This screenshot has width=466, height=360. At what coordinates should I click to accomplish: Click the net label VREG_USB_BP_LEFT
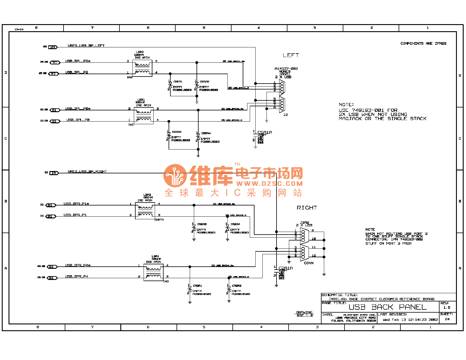[x=86, y=46]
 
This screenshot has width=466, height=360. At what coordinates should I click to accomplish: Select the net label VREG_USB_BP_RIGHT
[x=87, y=172]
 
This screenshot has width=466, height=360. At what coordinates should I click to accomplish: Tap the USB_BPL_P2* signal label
[x=78, y=61]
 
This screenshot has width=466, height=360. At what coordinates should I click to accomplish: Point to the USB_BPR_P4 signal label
[x=76, y=276]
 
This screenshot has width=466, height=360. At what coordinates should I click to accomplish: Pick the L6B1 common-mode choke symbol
[x=144, y=116]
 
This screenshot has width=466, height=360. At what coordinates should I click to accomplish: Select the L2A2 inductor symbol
[x=145, y=211]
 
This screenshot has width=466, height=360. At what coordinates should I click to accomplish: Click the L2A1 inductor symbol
[x=154, y=272]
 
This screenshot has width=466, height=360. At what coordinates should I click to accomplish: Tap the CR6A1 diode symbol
[x=170, y=85]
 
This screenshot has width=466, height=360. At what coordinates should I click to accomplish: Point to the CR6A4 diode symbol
[x=198, y=137]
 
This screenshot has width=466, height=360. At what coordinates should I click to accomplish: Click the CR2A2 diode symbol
[x=229, y=289]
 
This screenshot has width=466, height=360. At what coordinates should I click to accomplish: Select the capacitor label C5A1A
[x=264, y=132]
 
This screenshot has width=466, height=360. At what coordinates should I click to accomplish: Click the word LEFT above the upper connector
[x=291, y=55]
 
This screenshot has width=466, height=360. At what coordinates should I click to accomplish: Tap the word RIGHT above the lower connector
[x=307, y=208]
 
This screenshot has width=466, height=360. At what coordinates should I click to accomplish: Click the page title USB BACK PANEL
[x=387, y=307]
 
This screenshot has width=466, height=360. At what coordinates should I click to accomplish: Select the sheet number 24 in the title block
[x=447, y=319]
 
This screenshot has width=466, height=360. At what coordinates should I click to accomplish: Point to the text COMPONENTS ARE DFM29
[x=423, y=44]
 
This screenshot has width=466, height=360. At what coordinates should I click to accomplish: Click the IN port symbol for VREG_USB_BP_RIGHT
[x=54, y=173]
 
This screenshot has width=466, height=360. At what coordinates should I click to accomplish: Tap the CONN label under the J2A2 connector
[x=309, y=263]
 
